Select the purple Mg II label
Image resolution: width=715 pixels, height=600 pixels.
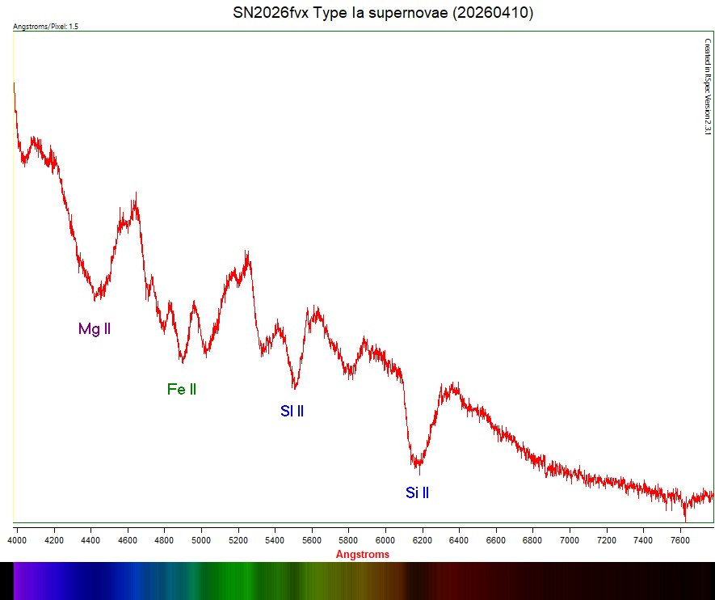click(94, 329)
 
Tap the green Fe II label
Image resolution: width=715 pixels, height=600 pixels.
click(182, 390)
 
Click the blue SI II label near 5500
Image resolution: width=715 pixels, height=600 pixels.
click(292, 411)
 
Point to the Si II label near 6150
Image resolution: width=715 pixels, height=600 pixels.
click(417, 492)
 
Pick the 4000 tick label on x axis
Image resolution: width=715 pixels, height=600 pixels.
click(17, 539)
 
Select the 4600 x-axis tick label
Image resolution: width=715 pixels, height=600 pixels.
click(128, 539)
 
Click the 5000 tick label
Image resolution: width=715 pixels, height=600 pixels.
click(201, 539)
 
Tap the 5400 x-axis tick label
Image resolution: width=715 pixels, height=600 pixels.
click(275, 539)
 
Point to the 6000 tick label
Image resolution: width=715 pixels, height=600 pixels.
click(385, 539)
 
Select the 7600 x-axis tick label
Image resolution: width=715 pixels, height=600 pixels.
click(680, 539)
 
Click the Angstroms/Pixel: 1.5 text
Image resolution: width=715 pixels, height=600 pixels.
click(46, 27)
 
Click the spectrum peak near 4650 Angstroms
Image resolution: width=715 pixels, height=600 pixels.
click(137, 195)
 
